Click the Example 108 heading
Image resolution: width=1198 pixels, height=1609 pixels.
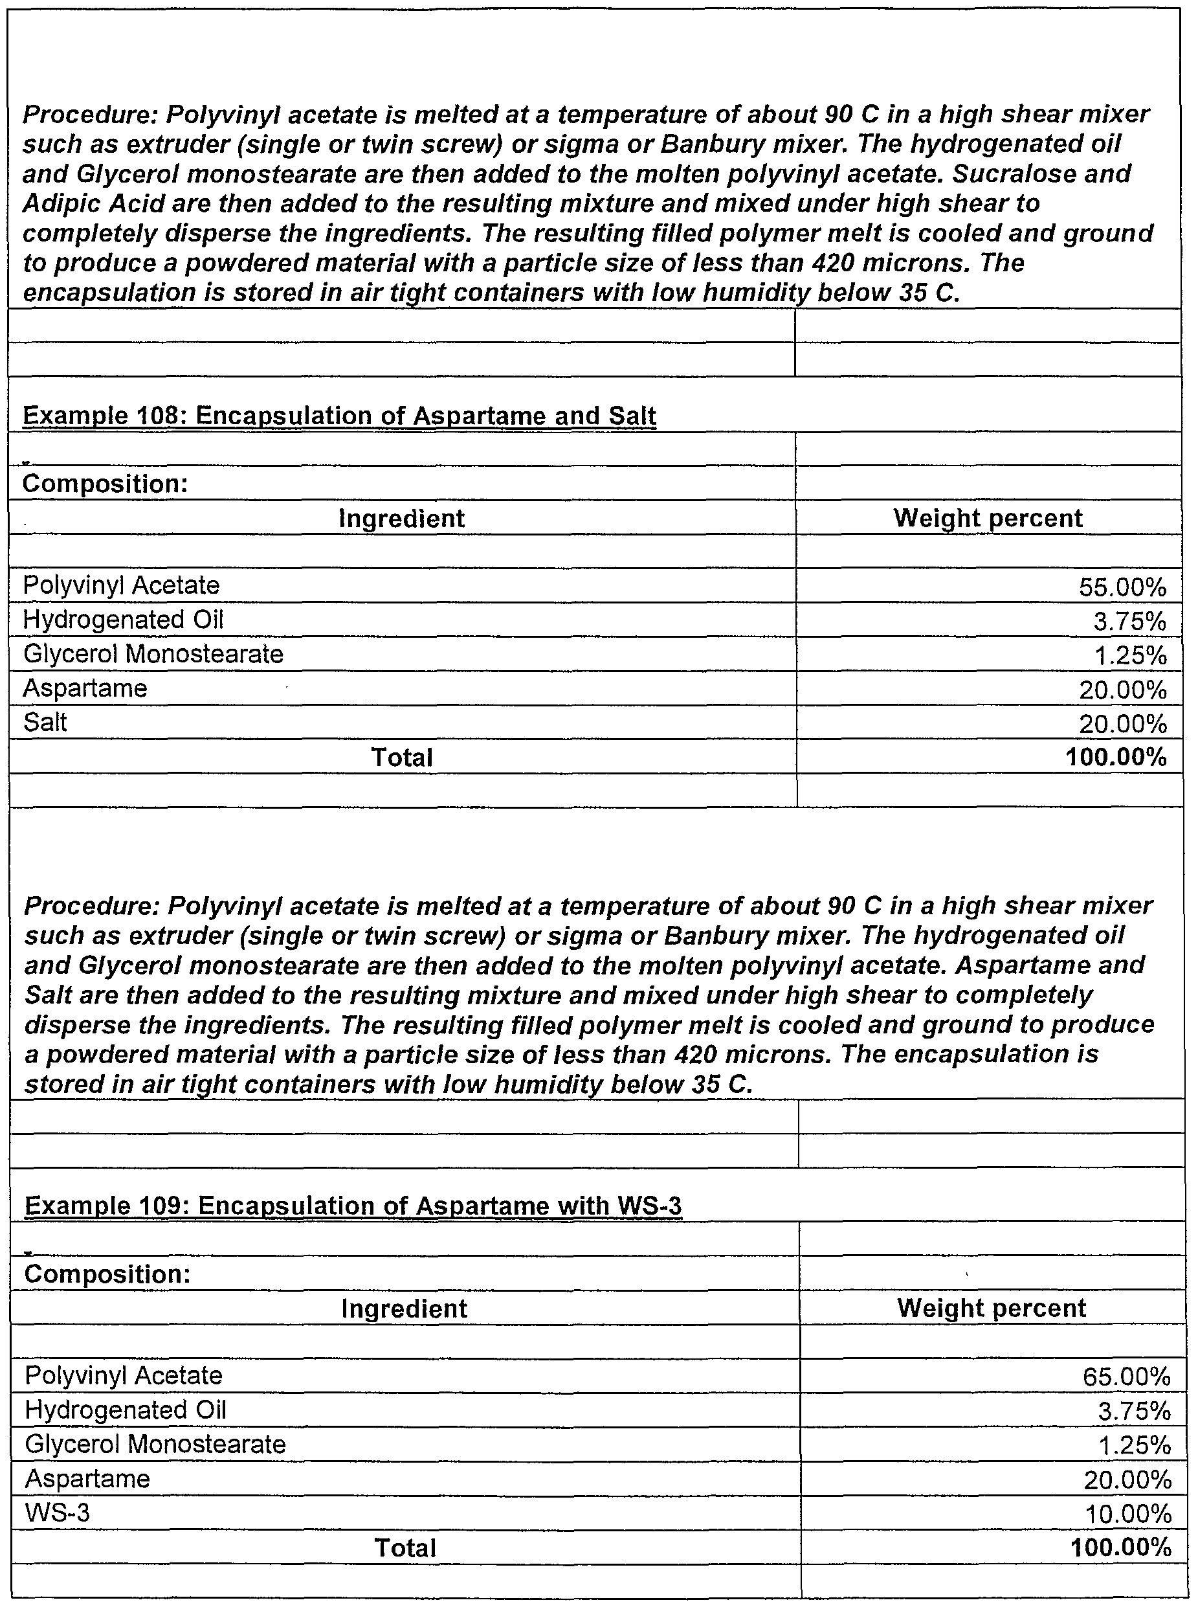click(x=339, y=416)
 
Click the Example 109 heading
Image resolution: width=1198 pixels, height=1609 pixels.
click(x=353, y=1206)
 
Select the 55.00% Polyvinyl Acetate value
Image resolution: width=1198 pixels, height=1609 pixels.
click(x=1122, y=587)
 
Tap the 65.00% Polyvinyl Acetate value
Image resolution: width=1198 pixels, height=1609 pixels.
click(x=1126, y=1377)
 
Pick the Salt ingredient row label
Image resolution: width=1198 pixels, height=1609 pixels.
click(x=45, y=723)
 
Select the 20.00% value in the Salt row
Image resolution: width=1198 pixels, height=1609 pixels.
click(x=1122, y=724)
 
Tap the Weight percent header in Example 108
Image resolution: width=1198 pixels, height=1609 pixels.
click(x=988, y=519)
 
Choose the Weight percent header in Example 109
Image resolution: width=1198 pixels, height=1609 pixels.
click(x=992, y=1308)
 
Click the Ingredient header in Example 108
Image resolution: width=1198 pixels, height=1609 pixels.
click(x=402, y=519)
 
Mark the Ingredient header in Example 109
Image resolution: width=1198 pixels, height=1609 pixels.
click(x=405, y=1309)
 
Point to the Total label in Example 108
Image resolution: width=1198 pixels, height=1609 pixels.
click(x=402, y=758)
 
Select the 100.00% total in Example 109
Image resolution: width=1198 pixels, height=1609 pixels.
click(x=1120, y=1547)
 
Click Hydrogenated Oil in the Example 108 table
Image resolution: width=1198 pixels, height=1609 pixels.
click(x=123, y=620)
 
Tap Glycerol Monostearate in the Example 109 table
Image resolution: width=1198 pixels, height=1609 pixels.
click(x=155, y=1445)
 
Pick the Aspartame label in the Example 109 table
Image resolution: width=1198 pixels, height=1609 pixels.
click(x=87, y=1478)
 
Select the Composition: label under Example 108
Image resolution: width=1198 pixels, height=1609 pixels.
click(x=105, y=484)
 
